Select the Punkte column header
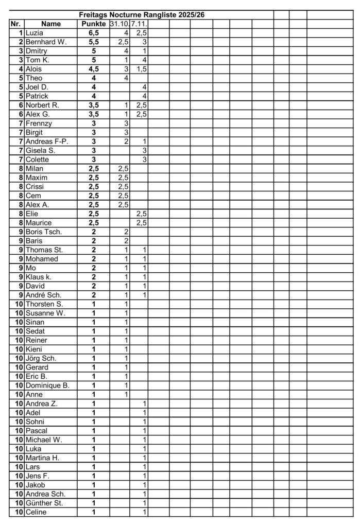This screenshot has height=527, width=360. (93, 24)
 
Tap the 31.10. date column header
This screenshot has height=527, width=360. (119, 24)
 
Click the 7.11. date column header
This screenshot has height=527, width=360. (139, 24)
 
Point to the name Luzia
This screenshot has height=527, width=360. (34, 33)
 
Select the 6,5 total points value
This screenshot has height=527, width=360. (94, 33)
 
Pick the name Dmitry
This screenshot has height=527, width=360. (36, 51)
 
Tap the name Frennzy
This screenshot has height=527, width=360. (39, 124)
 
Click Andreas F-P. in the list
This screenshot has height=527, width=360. (47, 142)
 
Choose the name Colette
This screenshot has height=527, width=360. (38, 160)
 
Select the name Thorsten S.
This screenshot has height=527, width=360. (44, 304)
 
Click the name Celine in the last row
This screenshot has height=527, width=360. (36, 512)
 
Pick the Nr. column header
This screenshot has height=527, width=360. (15, 24)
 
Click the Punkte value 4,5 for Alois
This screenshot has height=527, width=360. (94, 69)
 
